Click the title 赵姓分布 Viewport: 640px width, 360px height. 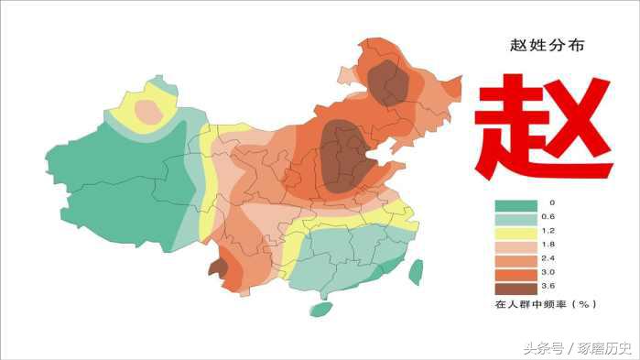tap(546, 44)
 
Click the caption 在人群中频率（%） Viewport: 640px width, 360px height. tap(547, 303)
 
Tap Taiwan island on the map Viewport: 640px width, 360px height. tap(416, 271)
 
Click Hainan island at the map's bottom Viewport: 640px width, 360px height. tap(320, 309)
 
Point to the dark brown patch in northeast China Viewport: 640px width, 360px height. tap(389, 82)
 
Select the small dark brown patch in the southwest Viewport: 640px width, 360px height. tap(218, 267)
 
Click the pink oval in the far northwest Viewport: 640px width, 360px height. tap(147, 112)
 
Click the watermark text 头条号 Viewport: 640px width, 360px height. tap(545, 348)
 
